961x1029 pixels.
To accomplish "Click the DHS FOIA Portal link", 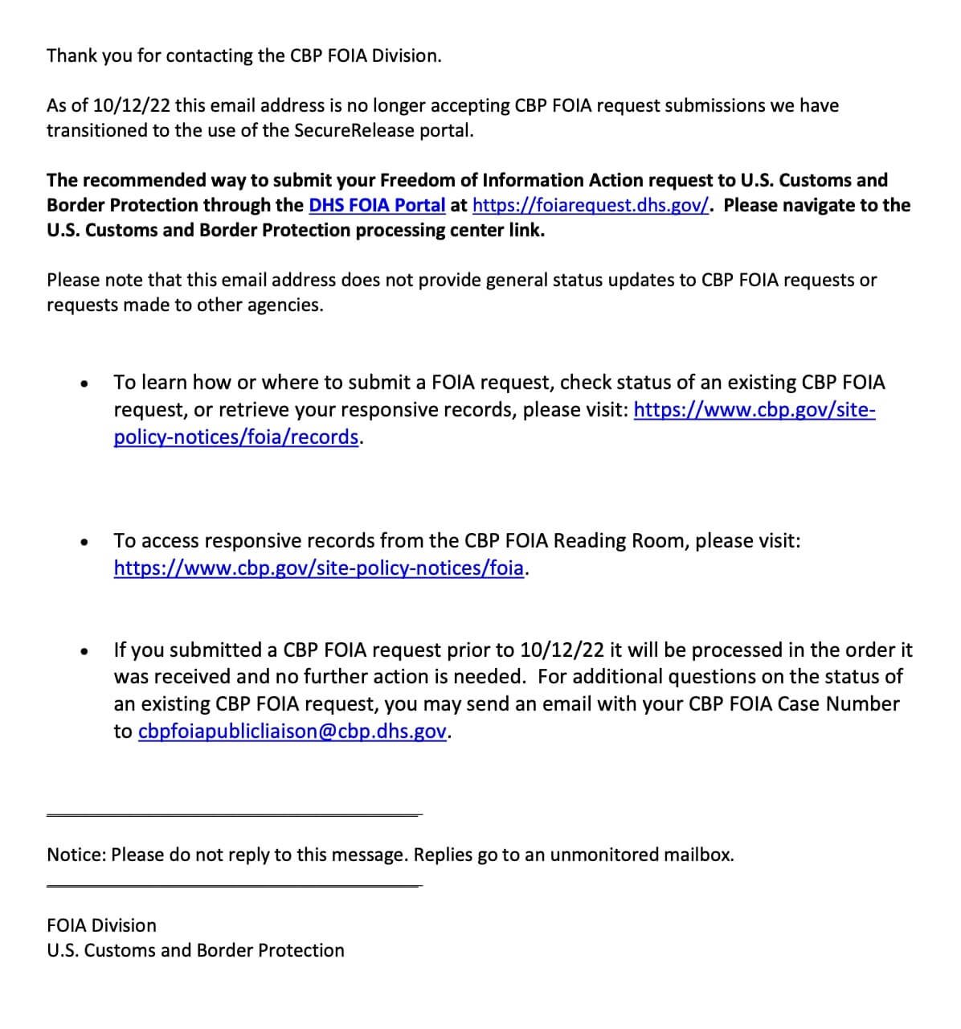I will click(377, 205).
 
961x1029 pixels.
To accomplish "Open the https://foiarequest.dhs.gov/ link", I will click(591, 205).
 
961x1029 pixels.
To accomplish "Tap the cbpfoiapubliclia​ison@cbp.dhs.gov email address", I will click(292, 732).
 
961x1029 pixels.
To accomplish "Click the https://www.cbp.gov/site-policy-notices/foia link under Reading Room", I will click(319, 568).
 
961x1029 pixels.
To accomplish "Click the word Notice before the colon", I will click(76, 854).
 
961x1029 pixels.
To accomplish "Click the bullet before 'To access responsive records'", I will click(84, 543).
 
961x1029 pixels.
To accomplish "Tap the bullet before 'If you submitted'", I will click(84, 652).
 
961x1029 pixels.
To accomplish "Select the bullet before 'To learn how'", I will click(84, 384).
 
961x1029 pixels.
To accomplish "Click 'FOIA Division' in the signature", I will click(102, 925).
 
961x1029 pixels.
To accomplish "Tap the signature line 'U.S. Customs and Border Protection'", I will click(195, 950).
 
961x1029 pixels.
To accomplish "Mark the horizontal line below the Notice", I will click(234, 886).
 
